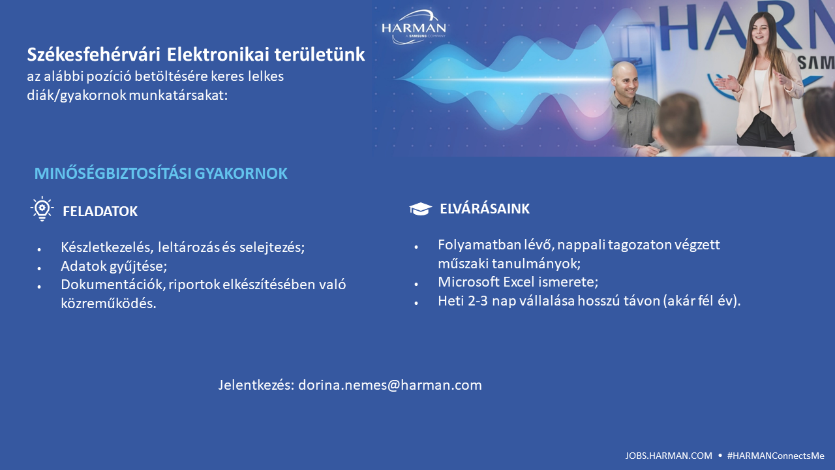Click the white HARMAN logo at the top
414,27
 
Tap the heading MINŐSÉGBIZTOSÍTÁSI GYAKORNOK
161,174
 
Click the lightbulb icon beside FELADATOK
42,208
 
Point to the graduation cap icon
421,209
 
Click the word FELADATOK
100,211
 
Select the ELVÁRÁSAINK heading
485,208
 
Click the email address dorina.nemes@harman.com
390,385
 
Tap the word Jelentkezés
256,385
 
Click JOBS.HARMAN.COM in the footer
669,456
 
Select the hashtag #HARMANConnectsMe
776,456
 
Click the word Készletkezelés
107,247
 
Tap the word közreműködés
108,304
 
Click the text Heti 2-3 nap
477,301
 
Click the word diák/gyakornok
76,95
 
